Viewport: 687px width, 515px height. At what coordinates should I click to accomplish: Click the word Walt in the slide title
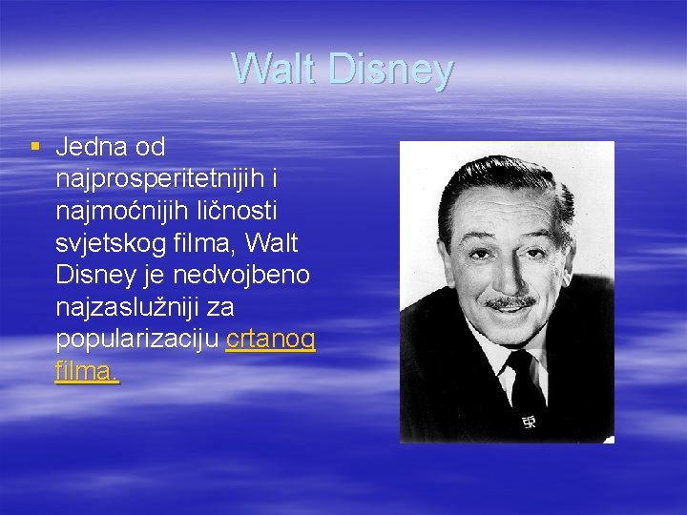pyautogui.click(x=274, y=70)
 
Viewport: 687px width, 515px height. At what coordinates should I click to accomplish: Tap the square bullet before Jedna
pyautogui.click(x=35, y=147)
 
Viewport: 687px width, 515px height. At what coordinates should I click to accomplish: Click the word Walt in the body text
pyautogui.click(x=276, y=243)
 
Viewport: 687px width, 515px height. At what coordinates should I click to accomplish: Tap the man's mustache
pyautogui.click(x=510, y=302)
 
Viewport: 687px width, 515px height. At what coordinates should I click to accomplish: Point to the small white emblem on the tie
pyautogui.click(x=528, y=422)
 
